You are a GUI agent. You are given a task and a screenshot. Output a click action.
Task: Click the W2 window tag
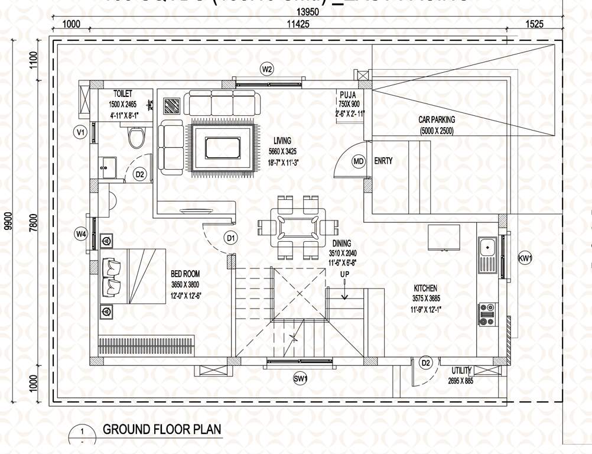[267, 69]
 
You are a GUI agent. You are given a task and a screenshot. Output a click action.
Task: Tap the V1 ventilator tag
[80, 132]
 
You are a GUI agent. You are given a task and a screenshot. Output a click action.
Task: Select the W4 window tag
[81, 235]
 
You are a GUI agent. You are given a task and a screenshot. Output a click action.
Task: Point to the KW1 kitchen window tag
[525, 258]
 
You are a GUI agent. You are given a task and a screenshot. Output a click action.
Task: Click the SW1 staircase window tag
[301, 379]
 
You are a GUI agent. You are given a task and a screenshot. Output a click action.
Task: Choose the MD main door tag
[359, 161]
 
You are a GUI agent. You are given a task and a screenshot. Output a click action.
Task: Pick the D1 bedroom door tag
[231, 238]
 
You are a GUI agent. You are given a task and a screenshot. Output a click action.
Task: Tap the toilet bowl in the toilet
[136, 138]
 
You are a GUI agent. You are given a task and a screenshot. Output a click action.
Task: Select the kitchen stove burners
[487, 314]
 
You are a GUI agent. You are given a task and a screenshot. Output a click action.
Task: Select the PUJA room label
[347, 94]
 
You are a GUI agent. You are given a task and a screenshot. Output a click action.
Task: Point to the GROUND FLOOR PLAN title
[162, 429]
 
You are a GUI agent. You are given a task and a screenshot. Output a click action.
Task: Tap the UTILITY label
[461, 371]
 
